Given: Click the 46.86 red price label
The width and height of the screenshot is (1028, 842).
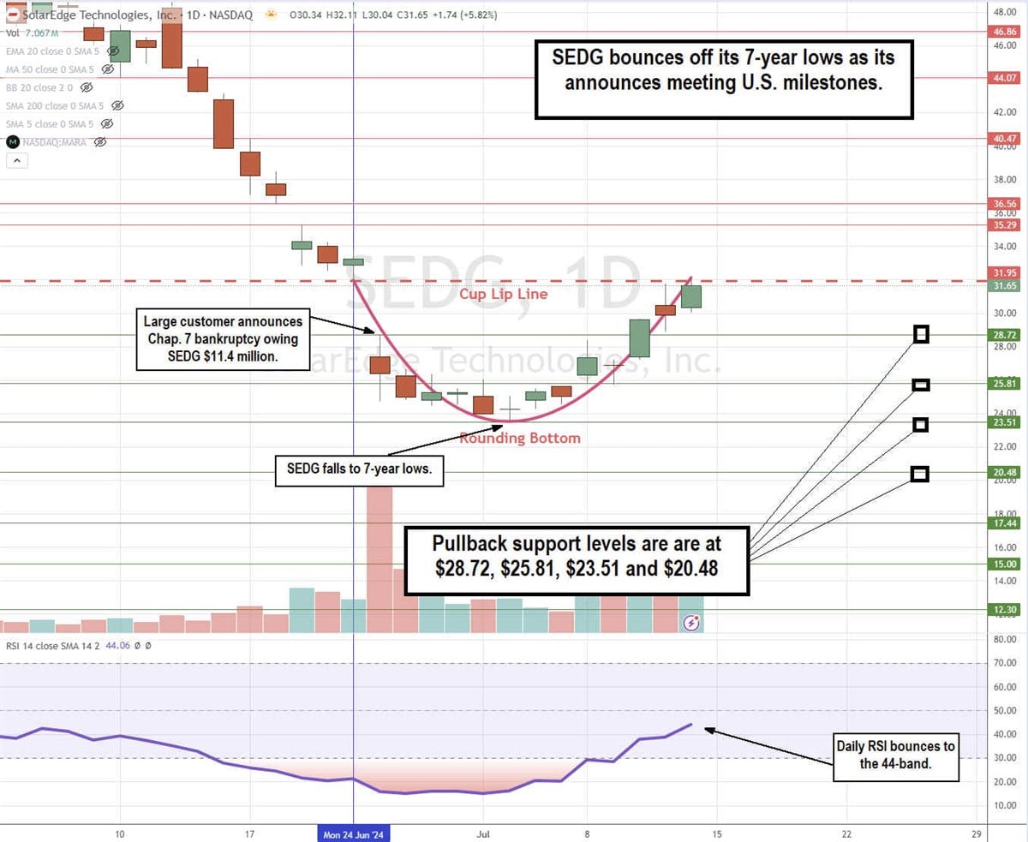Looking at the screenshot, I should tap(1004, 31).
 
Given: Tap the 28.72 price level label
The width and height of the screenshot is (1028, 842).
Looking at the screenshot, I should tap(1004, 335).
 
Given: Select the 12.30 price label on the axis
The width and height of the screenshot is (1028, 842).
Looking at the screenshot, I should tap(1004, 610).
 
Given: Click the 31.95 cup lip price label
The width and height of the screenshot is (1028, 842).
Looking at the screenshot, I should tap(1004, 272).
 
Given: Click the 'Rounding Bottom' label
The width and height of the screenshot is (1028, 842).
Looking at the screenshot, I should tap(520, 439).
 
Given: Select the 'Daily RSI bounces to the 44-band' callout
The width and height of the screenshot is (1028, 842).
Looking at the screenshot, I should tap(895, 757).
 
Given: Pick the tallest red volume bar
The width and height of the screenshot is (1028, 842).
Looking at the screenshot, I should tap(380, 557).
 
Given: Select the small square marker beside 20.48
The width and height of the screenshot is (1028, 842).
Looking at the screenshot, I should tap(920, 474).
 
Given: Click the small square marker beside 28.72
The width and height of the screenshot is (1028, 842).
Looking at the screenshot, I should tap(921, 334).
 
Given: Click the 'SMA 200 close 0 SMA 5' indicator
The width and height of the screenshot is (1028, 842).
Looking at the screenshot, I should tap(55, 105).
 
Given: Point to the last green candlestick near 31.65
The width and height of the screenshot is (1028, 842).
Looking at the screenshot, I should tap(690, 296).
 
